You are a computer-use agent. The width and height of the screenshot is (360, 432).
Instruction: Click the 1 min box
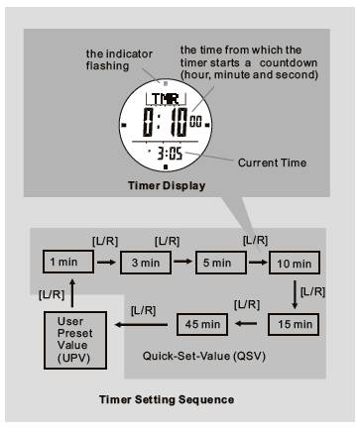click(68, 262)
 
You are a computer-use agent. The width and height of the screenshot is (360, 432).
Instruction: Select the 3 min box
click(146, 263)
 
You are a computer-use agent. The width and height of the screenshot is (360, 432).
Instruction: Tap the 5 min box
click(221, 263)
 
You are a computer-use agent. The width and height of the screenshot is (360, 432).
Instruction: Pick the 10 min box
click(295, 264)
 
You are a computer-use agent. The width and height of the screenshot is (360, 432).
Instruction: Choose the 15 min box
click(294, 324)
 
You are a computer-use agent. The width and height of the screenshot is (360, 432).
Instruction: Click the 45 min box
click(202, 324)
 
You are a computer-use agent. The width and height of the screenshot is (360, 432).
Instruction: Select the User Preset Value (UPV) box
click(75, 340)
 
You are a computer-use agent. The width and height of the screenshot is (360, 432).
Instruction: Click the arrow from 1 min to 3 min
click(107, 263)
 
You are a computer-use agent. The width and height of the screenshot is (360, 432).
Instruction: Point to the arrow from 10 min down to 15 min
click(295, 295)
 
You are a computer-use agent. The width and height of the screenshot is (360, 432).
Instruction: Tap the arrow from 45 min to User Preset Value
click(141, 325)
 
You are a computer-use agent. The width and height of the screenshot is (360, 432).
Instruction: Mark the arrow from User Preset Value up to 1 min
click(72, 293)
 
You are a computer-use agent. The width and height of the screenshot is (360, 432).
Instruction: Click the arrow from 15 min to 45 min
click(246, 323)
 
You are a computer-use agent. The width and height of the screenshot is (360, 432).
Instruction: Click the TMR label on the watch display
click(166, 99)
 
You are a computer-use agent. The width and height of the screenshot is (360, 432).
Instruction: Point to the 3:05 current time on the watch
click(170, 154)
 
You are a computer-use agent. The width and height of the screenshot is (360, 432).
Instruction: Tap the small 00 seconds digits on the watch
click(195, 122)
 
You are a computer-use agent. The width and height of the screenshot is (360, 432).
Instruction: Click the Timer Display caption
click(167, 185)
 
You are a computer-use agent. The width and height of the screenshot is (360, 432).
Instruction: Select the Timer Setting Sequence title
click(167, 399)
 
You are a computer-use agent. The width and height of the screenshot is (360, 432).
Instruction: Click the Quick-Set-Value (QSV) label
click(204, 356)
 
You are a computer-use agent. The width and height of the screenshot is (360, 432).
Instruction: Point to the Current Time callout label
click(272, 162)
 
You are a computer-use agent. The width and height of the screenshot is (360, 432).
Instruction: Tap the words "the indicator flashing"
click(119, 59)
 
